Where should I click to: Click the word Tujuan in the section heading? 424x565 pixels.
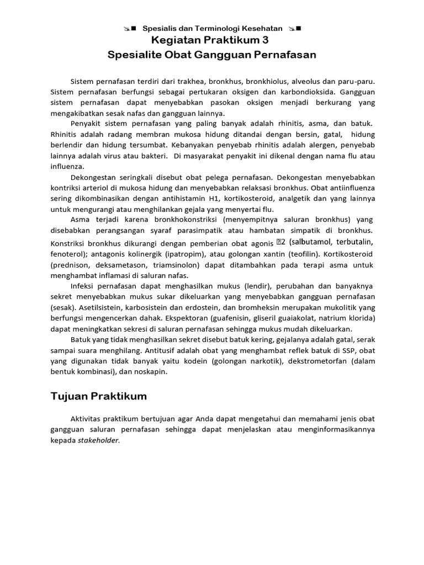coord(71,396)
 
